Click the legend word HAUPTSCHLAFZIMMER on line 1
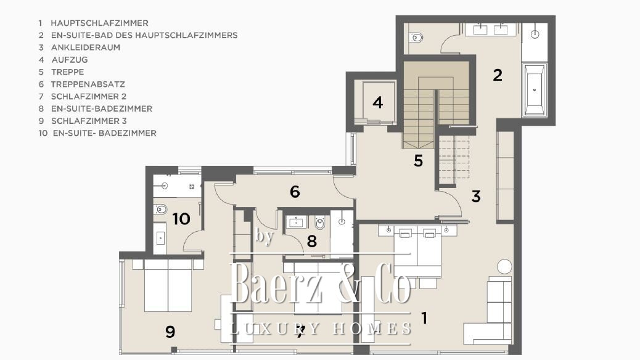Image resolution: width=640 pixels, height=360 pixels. coord(100,23)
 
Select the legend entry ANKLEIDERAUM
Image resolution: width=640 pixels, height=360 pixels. coord(86,47)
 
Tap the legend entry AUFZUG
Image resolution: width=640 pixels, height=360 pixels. coord(70,60)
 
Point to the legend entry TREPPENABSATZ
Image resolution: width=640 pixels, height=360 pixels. coord(88,84)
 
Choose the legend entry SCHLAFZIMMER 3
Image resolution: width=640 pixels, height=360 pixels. coord(89,121)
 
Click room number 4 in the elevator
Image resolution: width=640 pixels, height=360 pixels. coord(378,102)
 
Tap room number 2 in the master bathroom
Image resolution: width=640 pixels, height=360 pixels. coord(497,75)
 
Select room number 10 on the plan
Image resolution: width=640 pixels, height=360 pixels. coord(181,219)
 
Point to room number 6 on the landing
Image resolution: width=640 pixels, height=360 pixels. coord(295,192)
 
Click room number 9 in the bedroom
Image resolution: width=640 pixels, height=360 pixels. coord(170,332)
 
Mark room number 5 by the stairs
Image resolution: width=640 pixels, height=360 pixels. coord(418,161)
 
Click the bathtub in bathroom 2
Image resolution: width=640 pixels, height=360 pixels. coord(535,89)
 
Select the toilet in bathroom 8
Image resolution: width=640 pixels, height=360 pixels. coord(320,223)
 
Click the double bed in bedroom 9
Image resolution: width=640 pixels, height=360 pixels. coord(168,285)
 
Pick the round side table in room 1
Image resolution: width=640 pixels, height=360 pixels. coord(504,266)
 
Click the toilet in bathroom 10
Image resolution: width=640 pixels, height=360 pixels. coord(160,210)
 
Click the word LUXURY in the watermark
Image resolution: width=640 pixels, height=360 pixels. coord(275,328)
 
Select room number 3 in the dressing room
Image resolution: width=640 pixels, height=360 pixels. coord(476,196)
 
